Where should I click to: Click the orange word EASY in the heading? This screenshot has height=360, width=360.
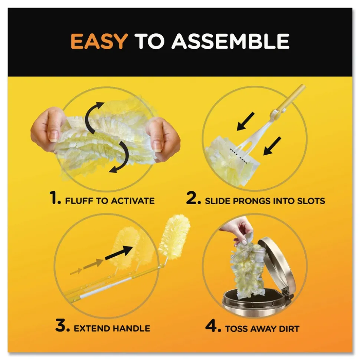(99, 41)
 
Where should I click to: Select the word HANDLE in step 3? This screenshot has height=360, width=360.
(131, 328)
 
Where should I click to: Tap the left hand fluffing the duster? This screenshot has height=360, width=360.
(45, 130)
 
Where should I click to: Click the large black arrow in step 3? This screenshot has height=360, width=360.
(119, 252)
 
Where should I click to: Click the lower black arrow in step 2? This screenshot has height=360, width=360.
(272, 146)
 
